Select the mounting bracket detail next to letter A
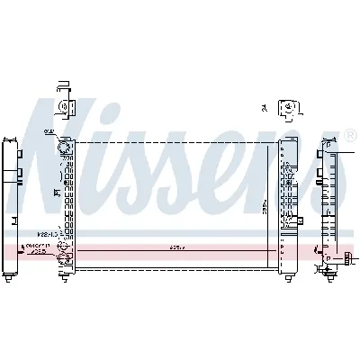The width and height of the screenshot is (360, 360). tap(289, 109)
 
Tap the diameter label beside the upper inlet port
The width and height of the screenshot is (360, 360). tap(49, 132)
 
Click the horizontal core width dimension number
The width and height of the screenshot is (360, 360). tap(176, 247)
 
